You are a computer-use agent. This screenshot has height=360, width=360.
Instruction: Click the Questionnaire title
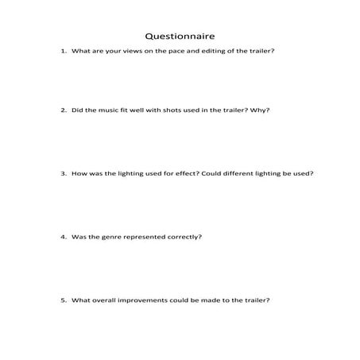[x=180, y=36]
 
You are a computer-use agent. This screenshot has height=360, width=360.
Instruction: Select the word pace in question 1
[x=170, y=52]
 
